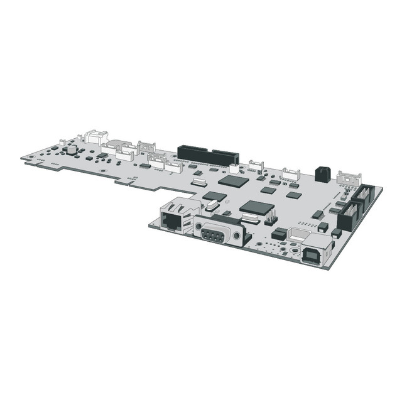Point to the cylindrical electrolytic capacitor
(x=73, y=151)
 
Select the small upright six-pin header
(x=270, y=217)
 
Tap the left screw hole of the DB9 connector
(x=197, y=227)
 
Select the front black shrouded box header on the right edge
(x=348, y=219)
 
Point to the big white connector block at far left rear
(x=95, y=136)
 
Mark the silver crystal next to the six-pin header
(x=249, y=219)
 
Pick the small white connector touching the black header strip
(x=234, y=168)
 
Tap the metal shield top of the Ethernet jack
(x=177, y=204)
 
